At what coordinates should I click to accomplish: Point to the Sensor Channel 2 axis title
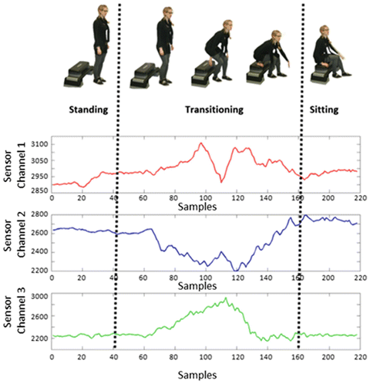[x=16, y=240]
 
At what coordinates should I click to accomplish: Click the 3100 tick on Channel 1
[x=39, y=145]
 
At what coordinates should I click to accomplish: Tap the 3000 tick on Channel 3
[x=39, y=296]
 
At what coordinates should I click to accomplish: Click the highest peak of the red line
[x=201, y=143]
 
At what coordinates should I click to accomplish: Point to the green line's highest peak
[x=227, y=298]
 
